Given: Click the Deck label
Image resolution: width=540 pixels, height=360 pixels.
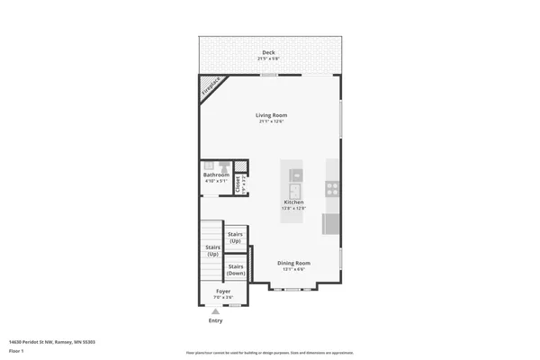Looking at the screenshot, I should [x=268, y=53].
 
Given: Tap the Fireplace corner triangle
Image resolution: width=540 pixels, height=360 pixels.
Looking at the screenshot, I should [x=209, y=86].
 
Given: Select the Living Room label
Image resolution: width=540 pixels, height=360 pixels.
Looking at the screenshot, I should [x=271, y=115].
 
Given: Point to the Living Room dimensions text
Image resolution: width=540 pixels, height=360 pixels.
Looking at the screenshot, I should [x=271, y=121].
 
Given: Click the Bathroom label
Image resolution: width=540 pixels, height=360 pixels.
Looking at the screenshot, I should [x=216, y=175].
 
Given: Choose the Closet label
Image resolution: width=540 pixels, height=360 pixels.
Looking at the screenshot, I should [x=238, y=184].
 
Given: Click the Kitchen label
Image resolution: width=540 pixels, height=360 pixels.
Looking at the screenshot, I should [x=294, y=202].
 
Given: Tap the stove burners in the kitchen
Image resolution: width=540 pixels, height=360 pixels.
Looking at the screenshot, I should [x=331, y=189].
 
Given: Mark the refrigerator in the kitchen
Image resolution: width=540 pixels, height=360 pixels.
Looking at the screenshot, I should [x=330, y=223].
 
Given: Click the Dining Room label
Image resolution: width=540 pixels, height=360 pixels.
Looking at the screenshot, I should [x=293, y=263].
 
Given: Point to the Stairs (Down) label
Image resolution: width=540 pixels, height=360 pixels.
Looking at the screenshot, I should [x=236, y=269].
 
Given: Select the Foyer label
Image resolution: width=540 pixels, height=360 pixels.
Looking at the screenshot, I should [x=223, y=292].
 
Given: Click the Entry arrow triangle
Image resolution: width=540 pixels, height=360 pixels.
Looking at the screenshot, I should [x=216, y=312].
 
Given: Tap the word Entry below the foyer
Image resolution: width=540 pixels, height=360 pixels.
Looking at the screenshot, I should [x=216, y=320].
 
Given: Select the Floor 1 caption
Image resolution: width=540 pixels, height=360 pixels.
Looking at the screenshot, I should [x=16, y=350].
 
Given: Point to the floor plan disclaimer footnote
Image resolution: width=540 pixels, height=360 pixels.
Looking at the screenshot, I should [x=269, y=353].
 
